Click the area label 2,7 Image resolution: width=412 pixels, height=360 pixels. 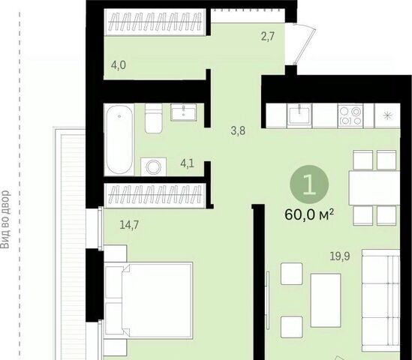[x=267, y=37]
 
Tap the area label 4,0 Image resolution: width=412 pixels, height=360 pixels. [x=119, y=64]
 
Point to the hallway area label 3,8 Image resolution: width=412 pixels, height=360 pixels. [x=238, y=130]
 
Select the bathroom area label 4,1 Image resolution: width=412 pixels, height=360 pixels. [x=187, y=163]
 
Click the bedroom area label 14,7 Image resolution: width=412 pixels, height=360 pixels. [x=129, y=225]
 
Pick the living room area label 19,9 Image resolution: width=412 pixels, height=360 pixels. [x=340, y=256]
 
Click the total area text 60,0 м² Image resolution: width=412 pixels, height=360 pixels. [x=309, y=215]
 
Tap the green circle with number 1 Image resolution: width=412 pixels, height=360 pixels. [x=309, y=184]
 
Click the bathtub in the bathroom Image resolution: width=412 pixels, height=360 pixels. [x=119, y=139]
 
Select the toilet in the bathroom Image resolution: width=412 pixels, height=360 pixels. [x=153, y=118]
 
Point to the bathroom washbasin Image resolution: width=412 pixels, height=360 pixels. [x=183, y=112]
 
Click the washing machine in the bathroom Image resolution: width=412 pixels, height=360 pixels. [x=153, y=166]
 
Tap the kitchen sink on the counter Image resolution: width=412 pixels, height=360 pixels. [x=299, y=115]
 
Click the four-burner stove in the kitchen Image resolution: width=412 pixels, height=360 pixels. [x=350, y=115]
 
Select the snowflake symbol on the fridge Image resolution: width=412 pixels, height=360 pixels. [x=387, y=115]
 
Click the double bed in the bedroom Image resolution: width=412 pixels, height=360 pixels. [x=149, y=300]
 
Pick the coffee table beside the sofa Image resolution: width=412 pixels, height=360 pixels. [x=326, y=301]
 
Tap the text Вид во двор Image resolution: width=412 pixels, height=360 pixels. [x=5, y=220]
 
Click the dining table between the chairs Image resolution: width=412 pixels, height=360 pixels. [x=374, y=187]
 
